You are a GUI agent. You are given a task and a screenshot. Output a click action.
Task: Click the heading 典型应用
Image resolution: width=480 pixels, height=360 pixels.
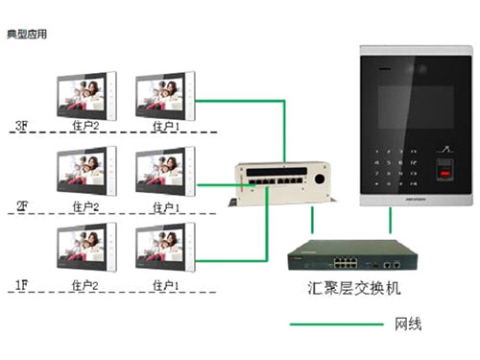[x=27, y=35]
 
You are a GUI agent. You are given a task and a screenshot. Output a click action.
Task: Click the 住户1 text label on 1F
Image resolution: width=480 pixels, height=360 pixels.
[x=165, y=285]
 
